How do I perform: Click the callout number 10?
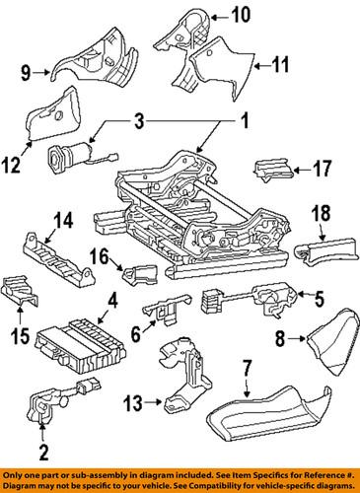pos(242,14)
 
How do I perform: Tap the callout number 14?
pos(36,220)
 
